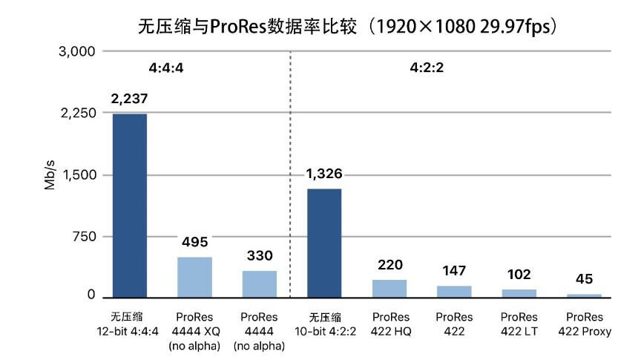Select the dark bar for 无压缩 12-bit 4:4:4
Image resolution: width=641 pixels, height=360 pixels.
click(129, 206)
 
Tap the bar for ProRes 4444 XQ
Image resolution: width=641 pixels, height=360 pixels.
click(194, 278)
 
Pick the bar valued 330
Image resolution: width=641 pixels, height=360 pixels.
click(259, 284)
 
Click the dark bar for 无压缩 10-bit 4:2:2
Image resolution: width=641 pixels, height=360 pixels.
click(324, 243)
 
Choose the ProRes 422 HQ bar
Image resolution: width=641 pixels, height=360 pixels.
click(389, 289)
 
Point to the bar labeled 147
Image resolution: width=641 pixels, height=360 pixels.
click(454, 292)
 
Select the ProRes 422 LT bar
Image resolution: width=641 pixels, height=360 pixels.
click(519, 293)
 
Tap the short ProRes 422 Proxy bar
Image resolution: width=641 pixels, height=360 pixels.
click(584, 295)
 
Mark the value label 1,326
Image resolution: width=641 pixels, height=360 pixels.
click(324, 174)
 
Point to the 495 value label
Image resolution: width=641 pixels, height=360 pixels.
click(194, 242)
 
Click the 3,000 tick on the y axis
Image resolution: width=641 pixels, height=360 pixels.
click(76, 51)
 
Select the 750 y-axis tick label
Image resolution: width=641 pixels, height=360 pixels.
click(82, 237)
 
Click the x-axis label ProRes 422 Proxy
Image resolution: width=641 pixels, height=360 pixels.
click(584, 325)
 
